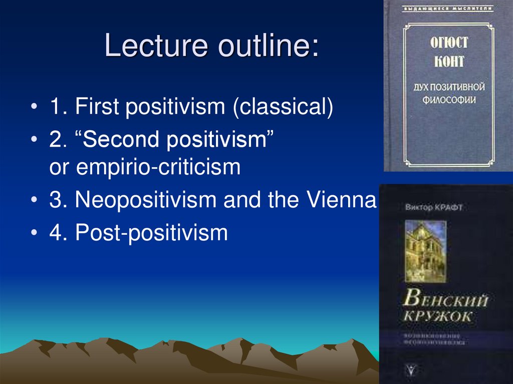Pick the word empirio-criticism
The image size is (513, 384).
[159, 167]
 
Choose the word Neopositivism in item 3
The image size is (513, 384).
[145, 200]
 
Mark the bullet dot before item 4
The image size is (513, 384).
[34, 233]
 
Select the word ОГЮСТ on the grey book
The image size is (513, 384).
[447, 42]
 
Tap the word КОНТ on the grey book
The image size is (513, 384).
[447, 63]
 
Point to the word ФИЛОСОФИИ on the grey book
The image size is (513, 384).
[447, 100]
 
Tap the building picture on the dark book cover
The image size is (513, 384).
[425, 245]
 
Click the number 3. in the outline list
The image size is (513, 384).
[55, 200]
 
